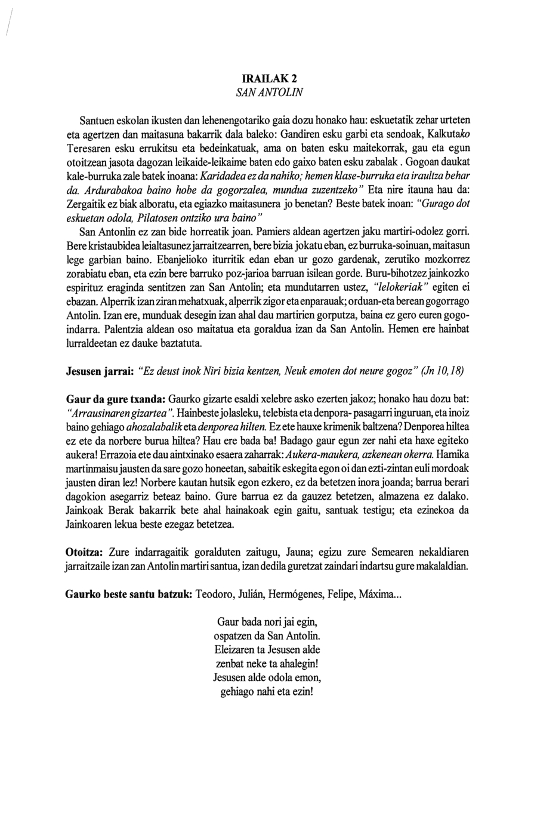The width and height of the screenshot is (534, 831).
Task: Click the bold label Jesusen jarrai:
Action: coord(99,371)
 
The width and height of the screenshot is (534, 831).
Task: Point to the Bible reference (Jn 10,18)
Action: coord(442,371)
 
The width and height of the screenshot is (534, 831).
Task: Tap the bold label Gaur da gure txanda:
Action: coord(115,398)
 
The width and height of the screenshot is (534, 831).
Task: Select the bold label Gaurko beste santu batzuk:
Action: coord(128,595)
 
